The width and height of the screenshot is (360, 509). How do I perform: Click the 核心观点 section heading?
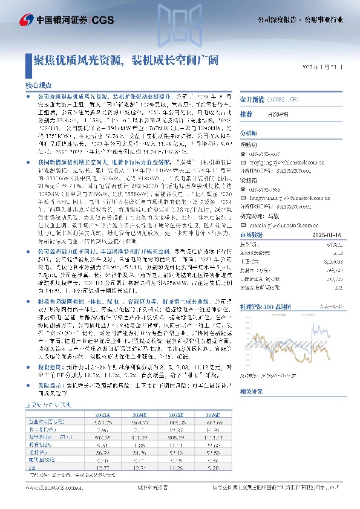click(x=38, y=86)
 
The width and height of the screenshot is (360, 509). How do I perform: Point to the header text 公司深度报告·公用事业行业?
click(x=309, y=19)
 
